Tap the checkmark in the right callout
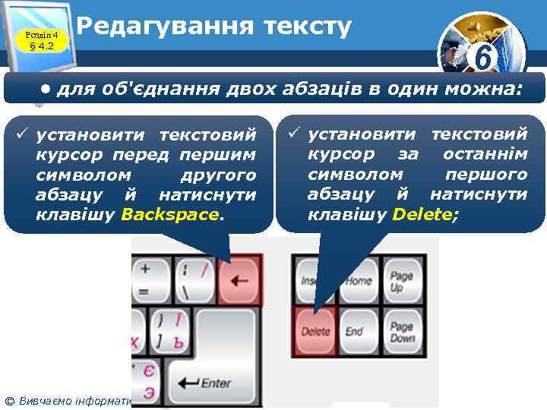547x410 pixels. pos(294,135)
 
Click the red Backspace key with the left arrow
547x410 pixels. pos(239,279)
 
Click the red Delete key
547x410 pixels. pos(315,330)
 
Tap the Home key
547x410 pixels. pos(359,280)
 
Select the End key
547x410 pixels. pos(355,331)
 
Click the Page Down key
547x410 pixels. pos(401,332)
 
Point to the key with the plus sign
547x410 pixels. pos(145,278)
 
